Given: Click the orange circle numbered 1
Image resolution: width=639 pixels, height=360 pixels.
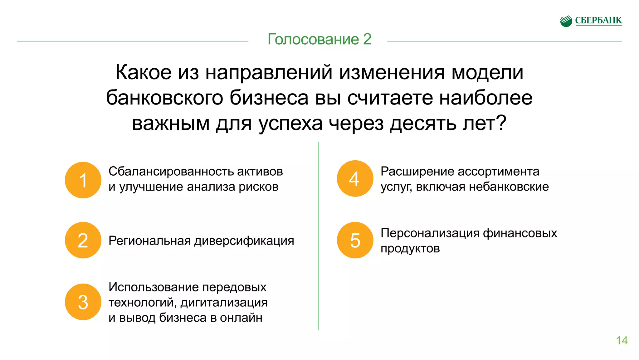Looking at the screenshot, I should pyautogui.click(x=83, y=180).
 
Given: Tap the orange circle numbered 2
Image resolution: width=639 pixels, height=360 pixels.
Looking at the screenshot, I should pyautogui.click(x=83, y=240).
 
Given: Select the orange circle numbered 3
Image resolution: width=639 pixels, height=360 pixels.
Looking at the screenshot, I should pyautogui.click(x=83, y=302).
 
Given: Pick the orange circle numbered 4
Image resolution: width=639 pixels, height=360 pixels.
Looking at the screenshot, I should pyautogui.click(x=355, y=178).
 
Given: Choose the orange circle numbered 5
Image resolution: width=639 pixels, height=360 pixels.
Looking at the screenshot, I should pyautogui.click(x=355, y=240).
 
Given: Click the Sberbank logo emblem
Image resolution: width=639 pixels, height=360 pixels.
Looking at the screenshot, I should pyautogui.click(x=566, y=21).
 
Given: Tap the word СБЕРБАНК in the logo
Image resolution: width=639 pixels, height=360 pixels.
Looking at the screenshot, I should pyautogui.click(x=598, y=21).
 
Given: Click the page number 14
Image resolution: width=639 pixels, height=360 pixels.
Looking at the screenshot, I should pyautogui.click(x=622, y=340).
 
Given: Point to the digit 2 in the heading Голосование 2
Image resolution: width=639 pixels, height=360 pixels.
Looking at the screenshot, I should pyautogui.click(x=367, y=39).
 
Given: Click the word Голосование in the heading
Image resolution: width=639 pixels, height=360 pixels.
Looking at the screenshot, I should pyautogui.click(x=313, y=39).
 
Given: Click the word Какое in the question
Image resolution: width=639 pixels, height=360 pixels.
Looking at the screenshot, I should pyautogui.click(x=143, y=72).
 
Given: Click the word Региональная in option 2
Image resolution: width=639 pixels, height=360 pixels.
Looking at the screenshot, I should pyautogui.click(x=149, y=241).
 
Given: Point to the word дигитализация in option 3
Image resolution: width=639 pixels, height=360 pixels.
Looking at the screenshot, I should pyautogui.click(x=224, y=302).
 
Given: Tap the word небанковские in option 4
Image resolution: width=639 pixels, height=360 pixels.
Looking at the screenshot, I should pyautogui.click(x=509, y=187).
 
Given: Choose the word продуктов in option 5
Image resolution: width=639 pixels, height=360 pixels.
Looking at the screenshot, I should pyautogui.click(x=410, y=249).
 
